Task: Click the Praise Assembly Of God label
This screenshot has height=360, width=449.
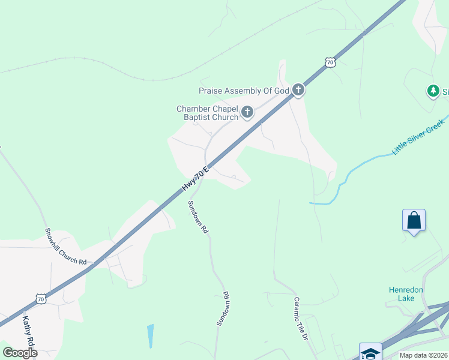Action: point(244,91)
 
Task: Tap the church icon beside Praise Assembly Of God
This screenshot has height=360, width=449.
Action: point(298,91)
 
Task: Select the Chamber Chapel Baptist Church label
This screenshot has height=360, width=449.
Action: point(207,113)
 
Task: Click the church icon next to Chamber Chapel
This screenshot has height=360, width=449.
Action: point(247,112)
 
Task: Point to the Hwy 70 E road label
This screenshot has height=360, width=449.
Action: point(196,179)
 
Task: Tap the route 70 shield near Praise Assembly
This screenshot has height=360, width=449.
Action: point(328,61)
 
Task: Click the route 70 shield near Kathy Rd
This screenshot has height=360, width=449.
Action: point(40,298)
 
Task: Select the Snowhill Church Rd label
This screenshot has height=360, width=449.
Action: point(66,247)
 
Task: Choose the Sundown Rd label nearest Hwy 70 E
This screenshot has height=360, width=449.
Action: point(197,217)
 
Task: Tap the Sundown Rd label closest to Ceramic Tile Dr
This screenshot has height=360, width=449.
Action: point(223,309)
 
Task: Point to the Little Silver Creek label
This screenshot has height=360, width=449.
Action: point(418,137)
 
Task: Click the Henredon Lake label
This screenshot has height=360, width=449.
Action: point(406,294)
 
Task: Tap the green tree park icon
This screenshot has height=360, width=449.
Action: point(433,91)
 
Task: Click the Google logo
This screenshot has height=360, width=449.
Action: point(19,353)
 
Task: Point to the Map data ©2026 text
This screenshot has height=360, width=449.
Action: point(423,355)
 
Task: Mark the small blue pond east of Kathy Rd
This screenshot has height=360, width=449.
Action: point(149,335)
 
